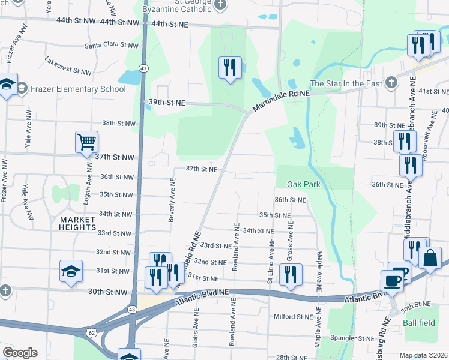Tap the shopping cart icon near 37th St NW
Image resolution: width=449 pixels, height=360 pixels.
[x=86, y=142]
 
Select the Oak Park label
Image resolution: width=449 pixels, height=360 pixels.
[x=303, y=184]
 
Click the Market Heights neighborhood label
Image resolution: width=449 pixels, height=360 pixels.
[x=78, y=223]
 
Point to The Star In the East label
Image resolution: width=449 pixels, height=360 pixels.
[x=345, y=83]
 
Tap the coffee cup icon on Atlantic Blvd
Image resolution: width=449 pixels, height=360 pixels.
[x=392, y=281]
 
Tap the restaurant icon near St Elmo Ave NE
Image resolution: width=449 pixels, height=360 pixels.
[x=291, y=274]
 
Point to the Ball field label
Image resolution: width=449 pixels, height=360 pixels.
[x=419, y=323]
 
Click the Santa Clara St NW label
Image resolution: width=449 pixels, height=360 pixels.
[x=112, y=45]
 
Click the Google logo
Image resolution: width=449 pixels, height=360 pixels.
[x=20, y=353]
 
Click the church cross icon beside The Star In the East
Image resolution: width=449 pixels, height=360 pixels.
[x=391, y=83]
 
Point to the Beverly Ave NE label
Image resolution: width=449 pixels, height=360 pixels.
[x=172, y=202]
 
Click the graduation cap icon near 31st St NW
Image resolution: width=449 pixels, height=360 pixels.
[x=71, y=271]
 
